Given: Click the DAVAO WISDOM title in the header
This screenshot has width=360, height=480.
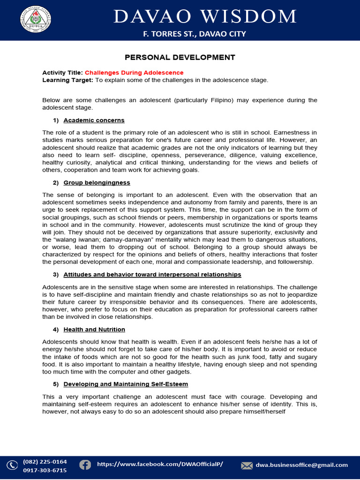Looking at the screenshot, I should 206,16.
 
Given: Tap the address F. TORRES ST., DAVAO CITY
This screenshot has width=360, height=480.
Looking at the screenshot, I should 194,34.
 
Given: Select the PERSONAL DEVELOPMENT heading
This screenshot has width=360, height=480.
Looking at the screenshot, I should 180,58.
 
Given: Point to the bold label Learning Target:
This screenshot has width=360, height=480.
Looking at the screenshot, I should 68,80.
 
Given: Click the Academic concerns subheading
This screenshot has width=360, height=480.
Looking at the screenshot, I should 94,120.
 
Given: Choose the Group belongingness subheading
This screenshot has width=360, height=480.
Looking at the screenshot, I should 97,182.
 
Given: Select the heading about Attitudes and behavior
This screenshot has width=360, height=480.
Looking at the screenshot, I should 152,274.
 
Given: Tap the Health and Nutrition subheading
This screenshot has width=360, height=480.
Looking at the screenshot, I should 94,330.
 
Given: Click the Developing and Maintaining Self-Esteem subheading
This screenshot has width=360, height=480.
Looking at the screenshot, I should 126,384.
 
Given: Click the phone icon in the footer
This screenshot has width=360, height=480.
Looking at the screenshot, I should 12,465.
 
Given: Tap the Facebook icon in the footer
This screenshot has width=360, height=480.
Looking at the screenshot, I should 85,465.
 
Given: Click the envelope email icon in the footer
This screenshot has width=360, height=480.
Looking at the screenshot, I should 247,465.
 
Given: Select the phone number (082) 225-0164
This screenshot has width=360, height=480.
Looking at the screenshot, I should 45,462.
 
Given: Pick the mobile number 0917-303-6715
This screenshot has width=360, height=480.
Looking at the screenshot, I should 45,470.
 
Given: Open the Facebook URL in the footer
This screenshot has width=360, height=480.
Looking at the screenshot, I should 160,464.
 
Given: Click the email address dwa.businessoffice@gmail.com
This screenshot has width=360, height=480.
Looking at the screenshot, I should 301,465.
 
